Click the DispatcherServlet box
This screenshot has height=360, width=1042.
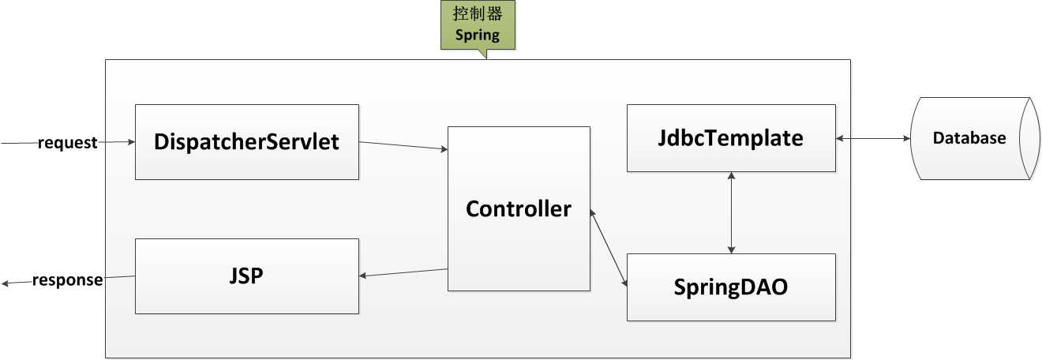point(247,142)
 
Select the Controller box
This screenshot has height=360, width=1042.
point(519,209)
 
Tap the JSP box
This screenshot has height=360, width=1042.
point(247,276)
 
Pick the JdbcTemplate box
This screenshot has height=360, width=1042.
point(731,138)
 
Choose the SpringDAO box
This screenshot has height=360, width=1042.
point(731,287)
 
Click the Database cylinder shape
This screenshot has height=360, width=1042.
point(975,138)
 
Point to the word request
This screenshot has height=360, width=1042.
point(67,142)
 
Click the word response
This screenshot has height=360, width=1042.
point(67,280)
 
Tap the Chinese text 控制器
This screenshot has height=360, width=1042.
point(478,13)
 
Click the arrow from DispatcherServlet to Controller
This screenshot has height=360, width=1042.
point(403,145)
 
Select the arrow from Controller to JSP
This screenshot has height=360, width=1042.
point(403,272)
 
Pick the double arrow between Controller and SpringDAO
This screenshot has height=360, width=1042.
point(609,247)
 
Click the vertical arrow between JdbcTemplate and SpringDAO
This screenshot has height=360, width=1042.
point(731,212)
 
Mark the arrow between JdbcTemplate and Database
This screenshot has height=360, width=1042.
point(873,138)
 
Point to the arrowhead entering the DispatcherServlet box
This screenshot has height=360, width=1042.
point(131,141)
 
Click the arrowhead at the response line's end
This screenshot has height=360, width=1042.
point(5,283)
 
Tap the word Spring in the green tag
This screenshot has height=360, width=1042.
point(478,36)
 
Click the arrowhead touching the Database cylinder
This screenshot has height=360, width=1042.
point(907,138)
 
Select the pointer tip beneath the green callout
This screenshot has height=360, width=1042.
point(486,59)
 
